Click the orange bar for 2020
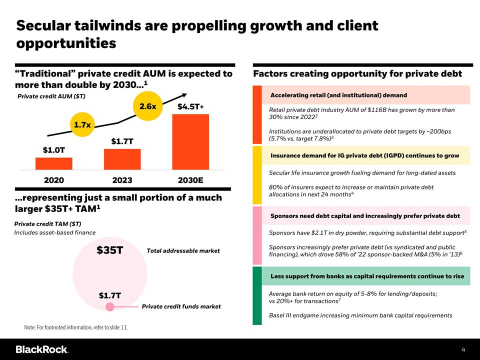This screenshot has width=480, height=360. point(54,163)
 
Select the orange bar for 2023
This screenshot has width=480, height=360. point(122,159)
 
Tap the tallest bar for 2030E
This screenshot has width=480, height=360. point(190,141)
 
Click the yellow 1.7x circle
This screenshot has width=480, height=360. point(82,124)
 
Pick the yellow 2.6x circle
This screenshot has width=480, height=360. point(148,106)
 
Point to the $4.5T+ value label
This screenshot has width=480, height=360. point(190,106)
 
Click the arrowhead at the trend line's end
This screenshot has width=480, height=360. point(184,95)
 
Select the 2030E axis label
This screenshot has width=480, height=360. point(190,180)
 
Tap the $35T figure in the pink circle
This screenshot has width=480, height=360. point(109,250)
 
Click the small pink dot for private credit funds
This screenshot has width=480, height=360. point(110,306)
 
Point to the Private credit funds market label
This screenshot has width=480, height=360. point(181,306)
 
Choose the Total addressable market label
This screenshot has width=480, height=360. point(183,250)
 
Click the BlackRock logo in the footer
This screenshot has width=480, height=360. point(42,349)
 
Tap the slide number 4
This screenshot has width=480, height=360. point(463,349)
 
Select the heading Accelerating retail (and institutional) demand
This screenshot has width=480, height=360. point(338,95)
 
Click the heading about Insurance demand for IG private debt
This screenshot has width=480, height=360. point(364,155)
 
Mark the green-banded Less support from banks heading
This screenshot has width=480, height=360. point(367,276)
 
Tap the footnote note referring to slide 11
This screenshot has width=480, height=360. point(76,327)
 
